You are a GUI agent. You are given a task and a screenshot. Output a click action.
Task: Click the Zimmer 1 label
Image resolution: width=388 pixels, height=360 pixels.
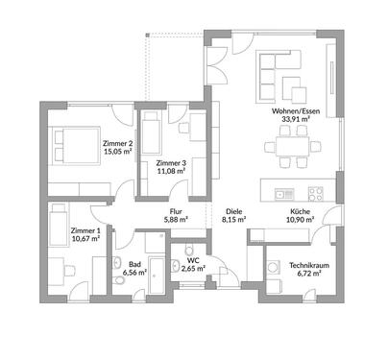point(84,231)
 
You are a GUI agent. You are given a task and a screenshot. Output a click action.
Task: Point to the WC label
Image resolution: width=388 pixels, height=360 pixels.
point(193,260)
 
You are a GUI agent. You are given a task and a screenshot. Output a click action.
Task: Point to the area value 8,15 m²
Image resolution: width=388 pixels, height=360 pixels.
point(233,220)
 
